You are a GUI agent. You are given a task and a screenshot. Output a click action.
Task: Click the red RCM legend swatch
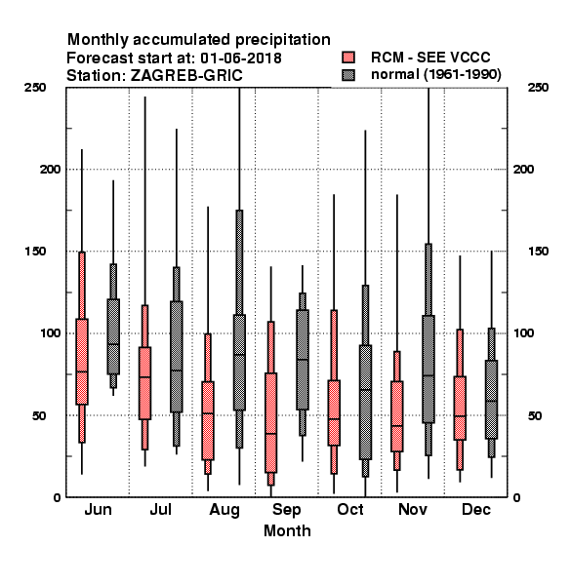(x=348, y=58)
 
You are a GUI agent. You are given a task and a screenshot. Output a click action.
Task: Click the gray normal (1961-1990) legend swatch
(x=348, y=75)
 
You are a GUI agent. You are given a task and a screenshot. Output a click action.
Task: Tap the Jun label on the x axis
(x=98, y=510)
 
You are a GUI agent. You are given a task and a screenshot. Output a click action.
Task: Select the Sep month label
(x=286, y=510)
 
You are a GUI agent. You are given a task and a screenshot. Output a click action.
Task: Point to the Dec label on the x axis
(x=476, y=510)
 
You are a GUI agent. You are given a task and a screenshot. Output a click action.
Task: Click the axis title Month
(x=287, y=531)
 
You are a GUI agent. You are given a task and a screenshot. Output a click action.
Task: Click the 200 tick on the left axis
(x=50, y=170)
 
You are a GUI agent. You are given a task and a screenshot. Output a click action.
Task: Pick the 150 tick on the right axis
(x=538, y=252)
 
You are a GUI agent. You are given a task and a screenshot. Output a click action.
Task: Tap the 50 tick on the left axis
(x=39, y=415)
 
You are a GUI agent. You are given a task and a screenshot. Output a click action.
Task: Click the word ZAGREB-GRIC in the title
(x=186, y=76)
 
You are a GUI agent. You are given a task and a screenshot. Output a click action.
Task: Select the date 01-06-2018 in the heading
(x=241, y=58)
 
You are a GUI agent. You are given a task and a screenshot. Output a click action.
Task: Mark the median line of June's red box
(x=82, y=371)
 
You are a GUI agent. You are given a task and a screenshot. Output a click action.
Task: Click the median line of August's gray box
(x=239, y=355)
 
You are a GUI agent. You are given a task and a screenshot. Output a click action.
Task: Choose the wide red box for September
(x=270, y=423)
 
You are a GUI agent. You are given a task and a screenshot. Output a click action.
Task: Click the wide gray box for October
(x=365, y=402)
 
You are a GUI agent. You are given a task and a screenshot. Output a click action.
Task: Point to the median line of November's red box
(x=397, y=426)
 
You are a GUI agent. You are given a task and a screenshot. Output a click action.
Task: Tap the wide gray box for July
(x=177, y=357)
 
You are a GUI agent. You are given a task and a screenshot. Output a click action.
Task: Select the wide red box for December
(x=460, y=409)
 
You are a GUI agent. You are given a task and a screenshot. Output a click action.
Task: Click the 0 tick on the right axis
(x=516, y=497)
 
